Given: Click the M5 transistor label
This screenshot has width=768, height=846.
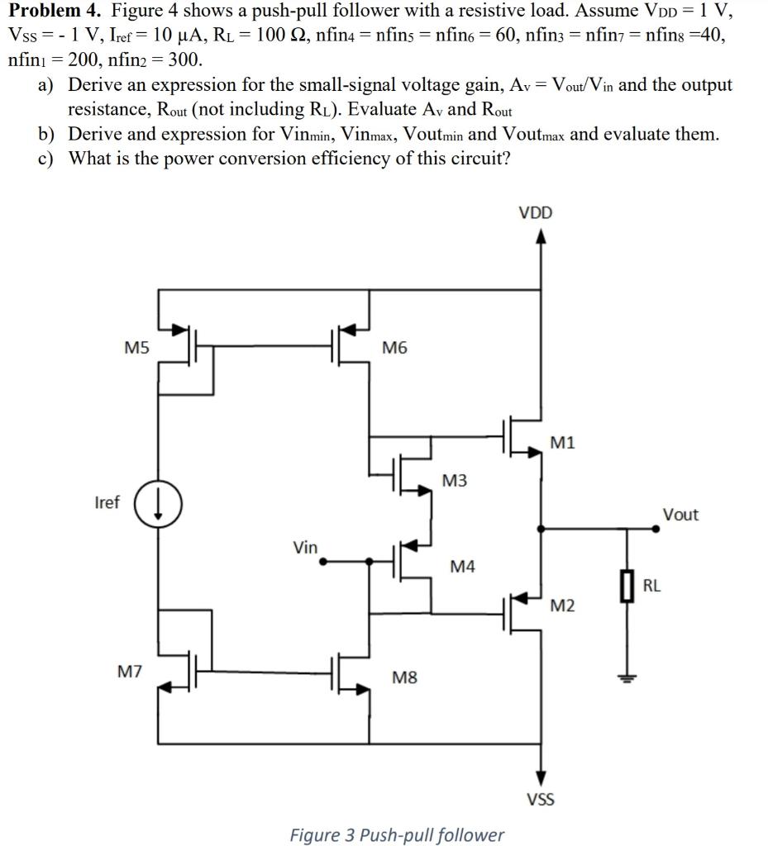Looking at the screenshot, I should pyautogui.click(x=136, y=348).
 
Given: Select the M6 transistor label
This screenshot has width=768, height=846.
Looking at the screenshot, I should pyautogui.click(x=394, y=348).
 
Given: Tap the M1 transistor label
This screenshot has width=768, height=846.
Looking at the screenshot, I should pyautogui.click(x=561, y=443).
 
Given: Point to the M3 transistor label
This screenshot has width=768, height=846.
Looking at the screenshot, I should pyautogui.click(x=456, y=480).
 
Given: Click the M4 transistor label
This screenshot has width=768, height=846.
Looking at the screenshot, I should pyautogui.click(x=462, y=566).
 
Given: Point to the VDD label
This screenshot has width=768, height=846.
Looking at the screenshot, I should pyautogui.click(x=536, y=213).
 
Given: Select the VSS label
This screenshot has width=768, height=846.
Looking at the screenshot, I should pyautogui.click(x=541, y=799).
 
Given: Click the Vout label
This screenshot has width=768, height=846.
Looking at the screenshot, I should pyautogui.click(x=680, y=515).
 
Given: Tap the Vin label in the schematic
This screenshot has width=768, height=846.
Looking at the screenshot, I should pyautogui.click(x=305, y=546).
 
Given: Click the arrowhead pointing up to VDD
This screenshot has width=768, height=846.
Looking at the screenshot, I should pyautogui.click(x=541, y=238).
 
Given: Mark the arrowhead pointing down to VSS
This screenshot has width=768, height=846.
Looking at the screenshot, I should pyautogui.click(x=541, y=776).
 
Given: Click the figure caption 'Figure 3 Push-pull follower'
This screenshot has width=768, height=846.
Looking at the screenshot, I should pyautogui.click(x=397, y=834).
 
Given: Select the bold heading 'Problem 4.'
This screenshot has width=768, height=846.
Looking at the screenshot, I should pyautogui.click(x=55, y=12).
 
